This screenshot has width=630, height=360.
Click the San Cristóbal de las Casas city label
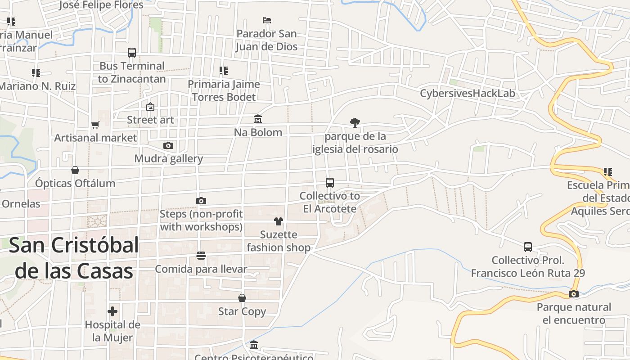[x=74, y=258]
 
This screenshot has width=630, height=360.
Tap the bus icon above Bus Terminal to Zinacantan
[x=132, y=53]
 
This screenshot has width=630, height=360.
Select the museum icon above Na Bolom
[x=258, y=119]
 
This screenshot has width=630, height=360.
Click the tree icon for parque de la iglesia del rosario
[x=355, y=123]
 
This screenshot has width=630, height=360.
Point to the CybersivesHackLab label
[x=467, y=94]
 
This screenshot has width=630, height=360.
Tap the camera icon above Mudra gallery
[x=168, y=145]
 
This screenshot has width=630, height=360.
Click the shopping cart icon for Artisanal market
[x=95, y=125]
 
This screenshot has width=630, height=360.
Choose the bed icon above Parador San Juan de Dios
[x=267, y=20]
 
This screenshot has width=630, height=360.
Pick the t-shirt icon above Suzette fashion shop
[x=279, y=221]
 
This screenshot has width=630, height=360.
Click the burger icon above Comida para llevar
[x=201, y=256]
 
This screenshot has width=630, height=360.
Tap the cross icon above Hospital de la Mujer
[x=112, y=311]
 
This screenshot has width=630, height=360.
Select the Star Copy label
[x=242, y=311]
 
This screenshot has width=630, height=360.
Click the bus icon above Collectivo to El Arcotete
[x=330, y=183]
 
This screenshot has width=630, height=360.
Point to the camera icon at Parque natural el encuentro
[x=574, y=294]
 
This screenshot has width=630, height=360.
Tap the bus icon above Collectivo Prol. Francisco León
[x=528, y=247]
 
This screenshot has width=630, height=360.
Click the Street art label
[x=150, y=120]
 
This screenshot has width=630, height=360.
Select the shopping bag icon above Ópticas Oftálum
[x=75, y=170]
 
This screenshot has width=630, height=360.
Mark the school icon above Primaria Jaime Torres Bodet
[x=224, y=71]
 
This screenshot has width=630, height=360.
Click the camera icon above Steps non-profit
[x=201, y=201]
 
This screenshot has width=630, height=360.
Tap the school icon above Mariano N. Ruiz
[x=36, y=72]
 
